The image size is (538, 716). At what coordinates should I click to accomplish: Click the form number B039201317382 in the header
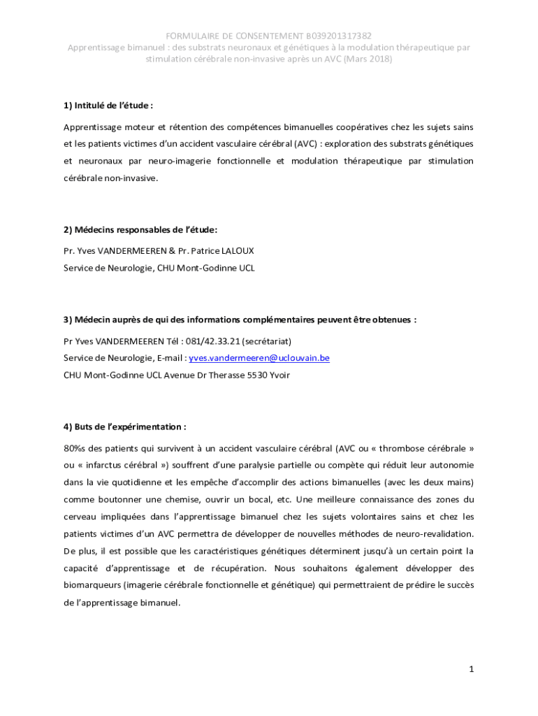pos(338,35)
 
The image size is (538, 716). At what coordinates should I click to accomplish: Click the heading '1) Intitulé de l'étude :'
pos(108,106)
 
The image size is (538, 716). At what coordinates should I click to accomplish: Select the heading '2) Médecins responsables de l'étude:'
pos(140,229)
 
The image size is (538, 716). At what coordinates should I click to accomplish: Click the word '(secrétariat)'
pos(266,341)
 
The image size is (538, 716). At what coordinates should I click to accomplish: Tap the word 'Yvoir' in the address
pos(279,375)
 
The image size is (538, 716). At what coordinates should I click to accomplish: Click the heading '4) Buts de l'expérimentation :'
pos(124,427)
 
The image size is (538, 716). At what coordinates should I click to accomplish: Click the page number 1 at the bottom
pos(472,669)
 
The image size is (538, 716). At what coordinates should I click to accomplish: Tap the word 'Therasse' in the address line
pos(224,375)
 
